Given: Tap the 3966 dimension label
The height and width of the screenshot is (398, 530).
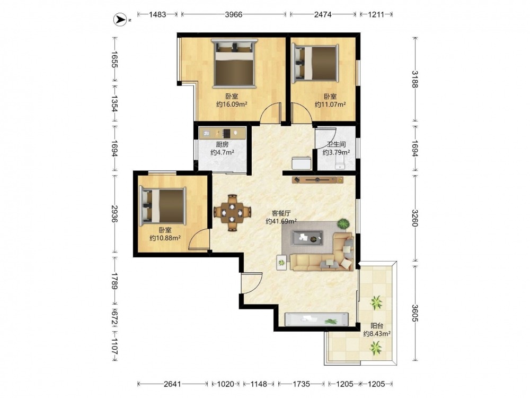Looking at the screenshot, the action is tap(234, 14).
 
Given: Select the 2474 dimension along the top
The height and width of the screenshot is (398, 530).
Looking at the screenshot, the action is tap(323, 14).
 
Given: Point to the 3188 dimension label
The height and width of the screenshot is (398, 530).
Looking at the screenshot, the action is tap(415, 79).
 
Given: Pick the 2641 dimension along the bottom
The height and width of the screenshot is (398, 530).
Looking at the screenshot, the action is tap(172, 384).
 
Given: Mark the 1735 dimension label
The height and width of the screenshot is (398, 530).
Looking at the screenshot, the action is tap(301, 384).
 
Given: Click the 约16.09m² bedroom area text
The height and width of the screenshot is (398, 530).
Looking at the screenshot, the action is tap(232, 104).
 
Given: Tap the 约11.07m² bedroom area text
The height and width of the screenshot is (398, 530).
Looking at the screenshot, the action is tap(330, 104).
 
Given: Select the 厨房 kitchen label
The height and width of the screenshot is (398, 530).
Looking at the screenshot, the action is tap(222, 144).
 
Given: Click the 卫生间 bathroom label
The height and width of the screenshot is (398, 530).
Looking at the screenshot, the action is tap(336, 144).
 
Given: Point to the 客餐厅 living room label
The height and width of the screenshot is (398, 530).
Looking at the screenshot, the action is tap(281, 213).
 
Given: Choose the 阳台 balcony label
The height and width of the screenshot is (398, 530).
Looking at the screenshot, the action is tap(377, 326).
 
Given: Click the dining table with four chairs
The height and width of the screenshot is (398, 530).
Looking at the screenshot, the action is tap(232, 213).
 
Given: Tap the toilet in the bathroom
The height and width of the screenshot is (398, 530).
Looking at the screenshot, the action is tap(339, 162).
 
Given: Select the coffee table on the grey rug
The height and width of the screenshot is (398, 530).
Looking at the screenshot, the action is tap(307, 238).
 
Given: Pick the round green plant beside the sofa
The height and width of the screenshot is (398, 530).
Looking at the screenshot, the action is tap(344, 224).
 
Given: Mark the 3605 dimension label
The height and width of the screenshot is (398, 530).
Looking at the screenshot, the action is tap(415, 314).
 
